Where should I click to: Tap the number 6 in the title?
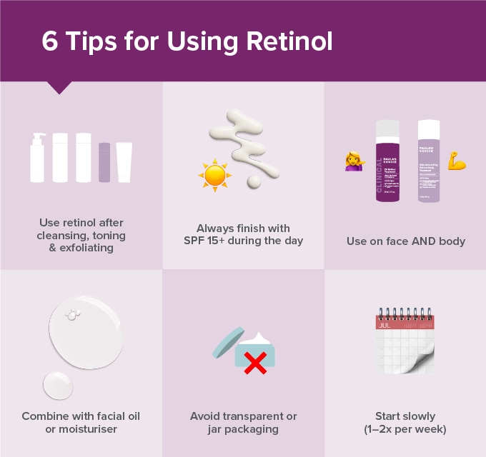click(50, 41)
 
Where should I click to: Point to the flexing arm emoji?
click(456, 161)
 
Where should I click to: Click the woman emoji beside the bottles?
click(355, 161)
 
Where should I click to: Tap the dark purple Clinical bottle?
click(387, 162)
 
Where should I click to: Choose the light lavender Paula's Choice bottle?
click(428, 162)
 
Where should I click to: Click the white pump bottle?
click(37, 158)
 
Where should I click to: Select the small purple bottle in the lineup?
click(104, 162)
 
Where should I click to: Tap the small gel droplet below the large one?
click(57, 385)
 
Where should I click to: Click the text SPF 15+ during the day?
click(243, 241)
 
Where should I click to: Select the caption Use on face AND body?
click(405, 241)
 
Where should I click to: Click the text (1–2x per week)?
click(405, 429)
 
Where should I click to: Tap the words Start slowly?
click(405, 416)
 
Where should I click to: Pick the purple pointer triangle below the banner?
click(59, 87)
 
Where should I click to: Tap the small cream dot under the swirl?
click(254, 183)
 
